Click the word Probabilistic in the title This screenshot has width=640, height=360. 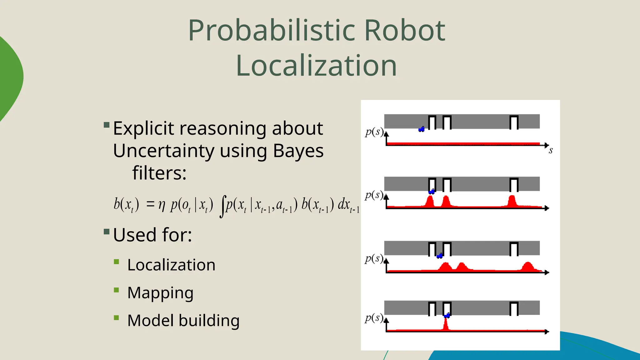click(271, 31)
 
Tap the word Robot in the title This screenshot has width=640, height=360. click(404, 31)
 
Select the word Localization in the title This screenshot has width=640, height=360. click(316, 66)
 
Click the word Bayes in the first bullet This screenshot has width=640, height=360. click(298, 151)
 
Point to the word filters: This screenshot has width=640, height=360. click(159, 173)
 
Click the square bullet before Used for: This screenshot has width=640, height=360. click(107, 232)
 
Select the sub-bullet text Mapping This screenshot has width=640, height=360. click(160, 293)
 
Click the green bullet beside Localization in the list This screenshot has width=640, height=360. click(117, 262)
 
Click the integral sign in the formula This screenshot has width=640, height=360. click(222, 206)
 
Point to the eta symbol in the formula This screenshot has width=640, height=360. click(162, 205)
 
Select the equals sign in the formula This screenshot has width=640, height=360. click(150, 204)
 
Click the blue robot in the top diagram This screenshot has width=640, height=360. click(422, 129)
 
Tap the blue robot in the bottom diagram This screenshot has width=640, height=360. click(447, 316)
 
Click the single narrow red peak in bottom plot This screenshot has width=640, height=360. click(446, 324)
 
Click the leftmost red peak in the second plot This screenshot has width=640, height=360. click(430, 201)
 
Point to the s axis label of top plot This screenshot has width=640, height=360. click(551, 151)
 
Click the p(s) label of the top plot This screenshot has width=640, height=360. click(374, 132)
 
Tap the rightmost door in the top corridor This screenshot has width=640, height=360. click(514, 122)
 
